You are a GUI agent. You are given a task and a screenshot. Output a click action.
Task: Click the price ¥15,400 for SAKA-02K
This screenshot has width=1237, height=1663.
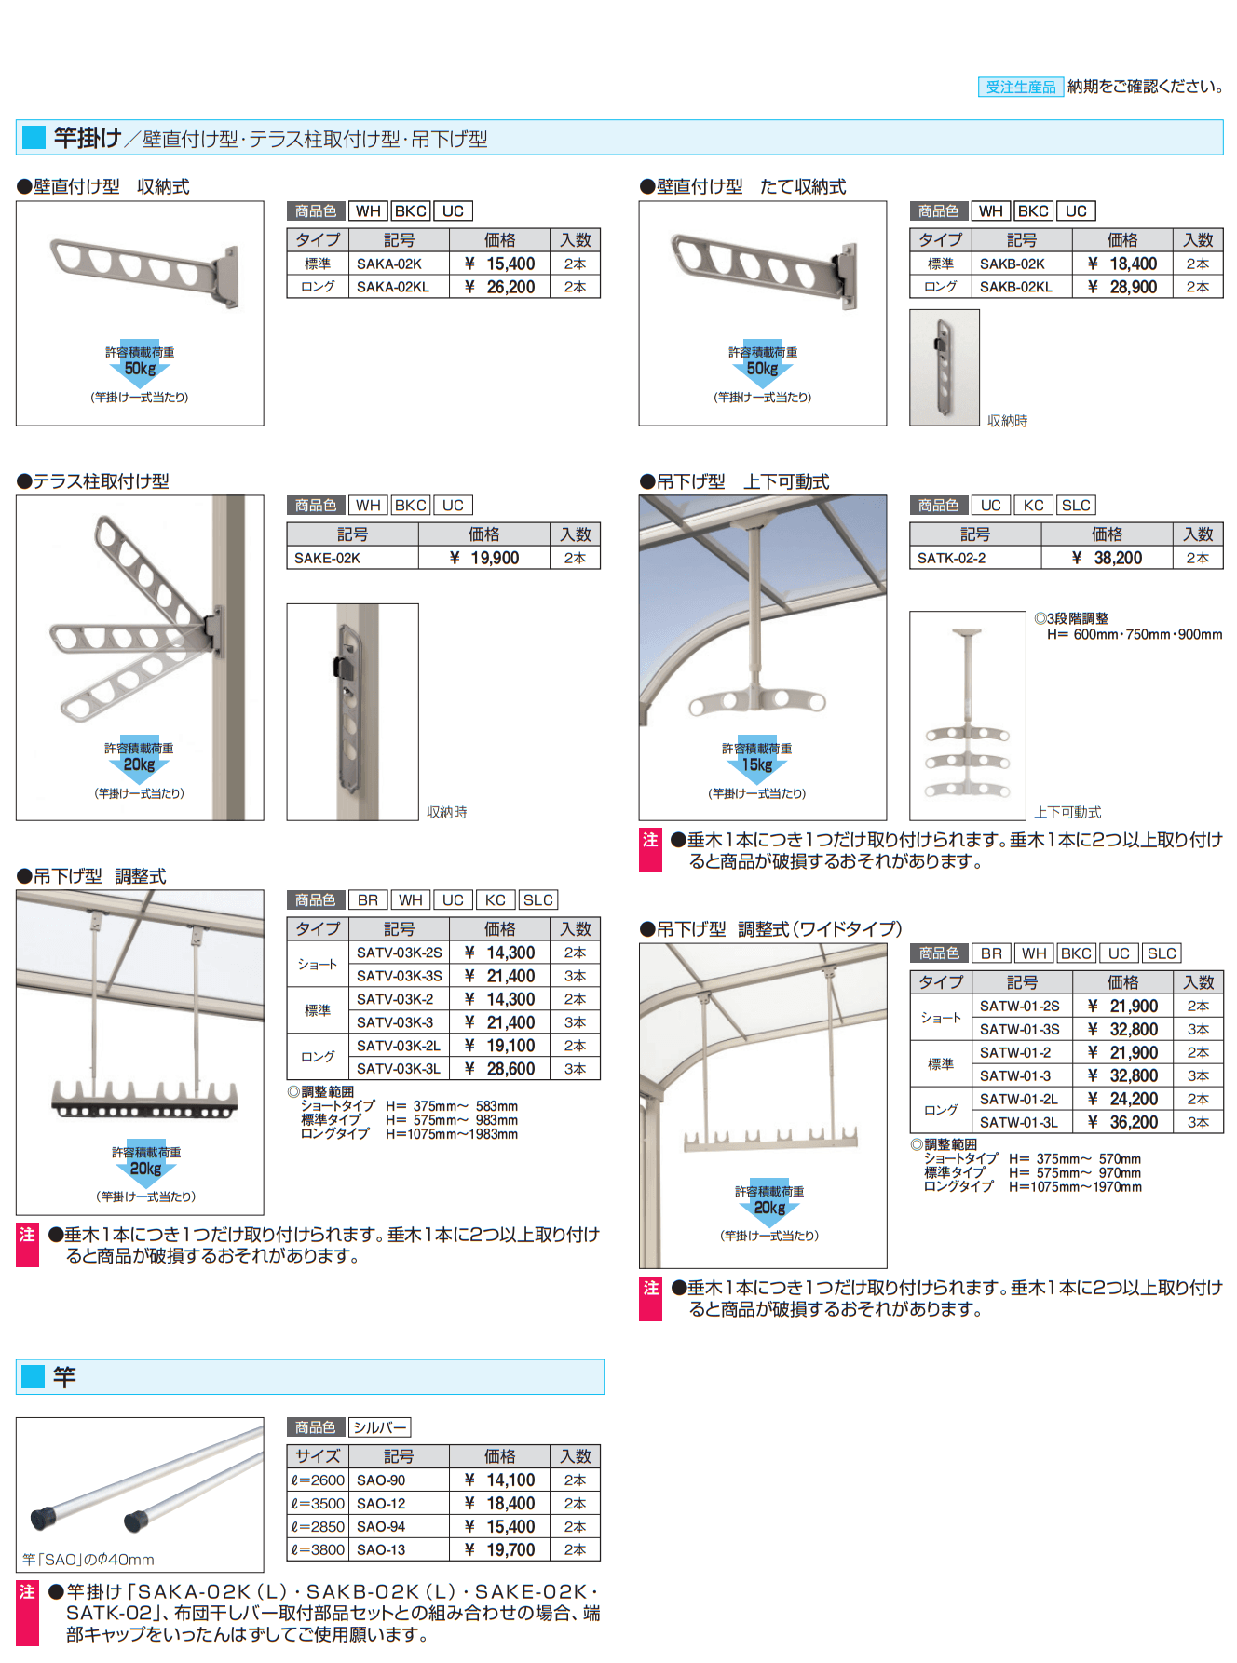(500, 264)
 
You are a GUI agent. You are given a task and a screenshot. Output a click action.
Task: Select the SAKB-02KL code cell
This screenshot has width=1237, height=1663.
(1021, 287)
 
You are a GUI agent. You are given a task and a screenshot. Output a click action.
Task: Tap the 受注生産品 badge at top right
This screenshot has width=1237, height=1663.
(1020, 87)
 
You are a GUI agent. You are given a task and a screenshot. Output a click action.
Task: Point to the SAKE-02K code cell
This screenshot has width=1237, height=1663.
(352, 558)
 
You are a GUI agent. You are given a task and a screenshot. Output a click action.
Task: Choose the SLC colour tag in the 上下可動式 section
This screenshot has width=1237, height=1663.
(1076, 505)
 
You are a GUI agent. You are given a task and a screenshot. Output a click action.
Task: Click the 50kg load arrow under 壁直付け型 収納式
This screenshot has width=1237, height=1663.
(140, 368)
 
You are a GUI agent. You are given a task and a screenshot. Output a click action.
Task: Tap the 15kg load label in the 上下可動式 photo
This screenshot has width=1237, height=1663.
(756, 764)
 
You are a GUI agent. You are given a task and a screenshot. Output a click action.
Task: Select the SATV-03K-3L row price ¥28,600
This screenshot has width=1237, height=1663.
(500, 1069)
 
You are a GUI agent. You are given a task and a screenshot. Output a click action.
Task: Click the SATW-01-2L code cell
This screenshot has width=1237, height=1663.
(1021, 1099)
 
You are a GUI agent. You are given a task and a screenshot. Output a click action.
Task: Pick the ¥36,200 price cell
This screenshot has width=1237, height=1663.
(1123, 1122)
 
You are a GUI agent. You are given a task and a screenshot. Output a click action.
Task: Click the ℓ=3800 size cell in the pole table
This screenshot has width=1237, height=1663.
(318, 1549)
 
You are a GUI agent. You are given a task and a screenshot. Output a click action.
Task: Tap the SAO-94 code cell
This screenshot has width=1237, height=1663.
(399, 1526)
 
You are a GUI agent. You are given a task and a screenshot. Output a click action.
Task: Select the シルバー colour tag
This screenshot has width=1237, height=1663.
(379, 1427)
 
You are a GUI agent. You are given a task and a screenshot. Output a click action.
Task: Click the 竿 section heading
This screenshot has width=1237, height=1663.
(64, 1377)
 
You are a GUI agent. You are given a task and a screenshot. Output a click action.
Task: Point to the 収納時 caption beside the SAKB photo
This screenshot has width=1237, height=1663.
(1007, 421)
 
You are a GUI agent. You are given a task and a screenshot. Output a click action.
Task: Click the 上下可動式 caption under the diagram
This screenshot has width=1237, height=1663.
(1067, 812)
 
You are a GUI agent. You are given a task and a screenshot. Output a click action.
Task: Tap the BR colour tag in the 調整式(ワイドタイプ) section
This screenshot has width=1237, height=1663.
(991, 953)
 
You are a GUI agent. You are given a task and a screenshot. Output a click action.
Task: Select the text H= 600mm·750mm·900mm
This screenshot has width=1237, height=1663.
(1134, 634)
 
